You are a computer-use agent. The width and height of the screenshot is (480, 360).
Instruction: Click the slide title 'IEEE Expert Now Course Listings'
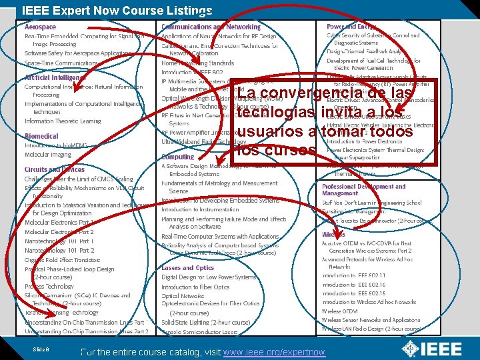click(117, 10)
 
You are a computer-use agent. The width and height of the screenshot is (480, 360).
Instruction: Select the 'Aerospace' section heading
click(41, 27)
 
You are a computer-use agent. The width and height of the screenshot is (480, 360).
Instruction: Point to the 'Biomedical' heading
click(41, 135)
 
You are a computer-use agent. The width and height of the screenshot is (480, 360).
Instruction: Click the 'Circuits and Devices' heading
click(55, 170)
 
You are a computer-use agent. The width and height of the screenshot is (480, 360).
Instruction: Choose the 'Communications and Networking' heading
click(211, 27)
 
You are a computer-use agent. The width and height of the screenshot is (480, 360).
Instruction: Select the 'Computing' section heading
click(178, 157)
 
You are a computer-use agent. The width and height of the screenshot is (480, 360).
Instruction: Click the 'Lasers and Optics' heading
click(187, 268)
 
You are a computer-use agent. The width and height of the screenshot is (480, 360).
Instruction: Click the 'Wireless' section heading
click(333, 235)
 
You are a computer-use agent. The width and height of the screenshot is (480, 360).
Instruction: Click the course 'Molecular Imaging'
click(48, 155)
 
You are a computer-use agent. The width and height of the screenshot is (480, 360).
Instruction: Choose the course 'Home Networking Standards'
click(197, 63)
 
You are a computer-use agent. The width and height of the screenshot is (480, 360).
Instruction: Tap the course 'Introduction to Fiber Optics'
click(195, 287)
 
